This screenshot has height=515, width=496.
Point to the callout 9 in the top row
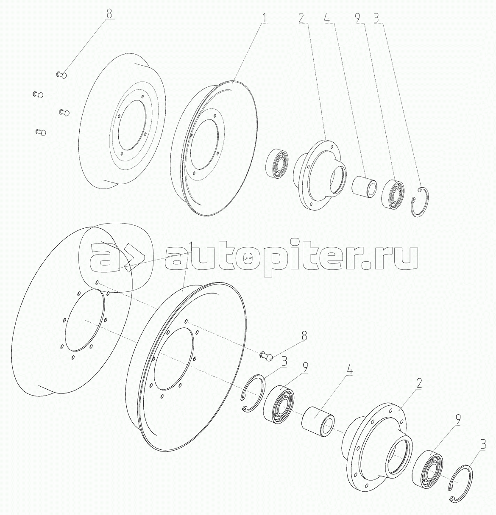[357, 18]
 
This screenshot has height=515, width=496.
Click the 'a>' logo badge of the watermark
[115, 257]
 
